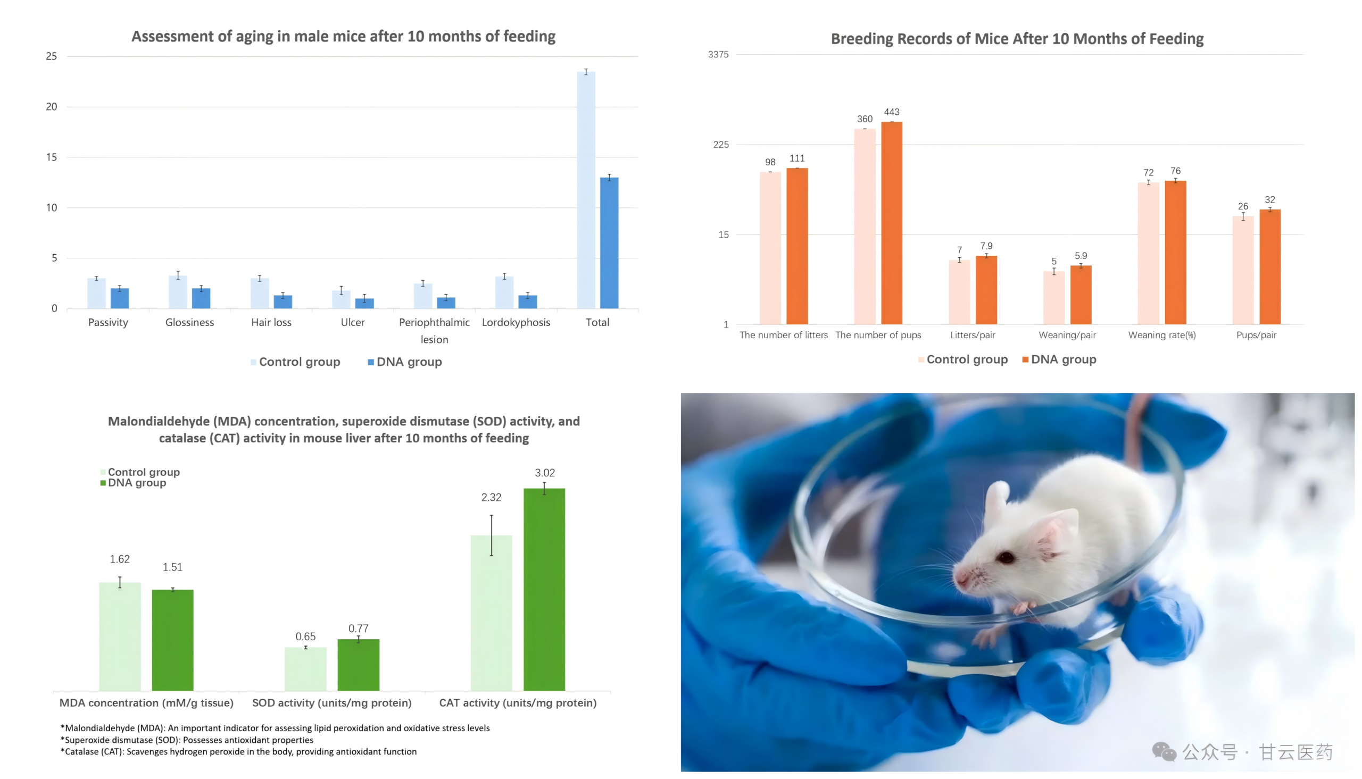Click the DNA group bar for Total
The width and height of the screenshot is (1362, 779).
(x=609, y=244)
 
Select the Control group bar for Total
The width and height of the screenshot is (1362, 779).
(x=586, y=190)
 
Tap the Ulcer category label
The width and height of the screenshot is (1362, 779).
(x=353, y=323)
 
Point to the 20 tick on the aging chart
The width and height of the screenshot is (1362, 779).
(x=52, y=106)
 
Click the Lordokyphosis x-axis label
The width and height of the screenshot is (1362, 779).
(x=516, y=323)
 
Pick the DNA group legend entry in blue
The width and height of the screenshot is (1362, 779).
(x=404, y=362)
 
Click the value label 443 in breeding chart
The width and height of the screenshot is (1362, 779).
(x=892, y=112)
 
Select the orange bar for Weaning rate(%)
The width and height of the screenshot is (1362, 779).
(x=1175, y=253)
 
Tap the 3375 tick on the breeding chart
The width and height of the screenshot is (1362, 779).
(x=718, y=55)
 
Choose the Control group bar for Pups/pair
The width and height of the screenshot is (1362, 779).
(x=1243, y=270)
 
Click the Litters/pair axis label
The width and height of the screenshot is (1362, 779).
(x=973, y=336)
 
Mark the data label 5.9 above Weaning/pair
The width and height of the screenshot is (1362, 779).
(x=1081, y=256)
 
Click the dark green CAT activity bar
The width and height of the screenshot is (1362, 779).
(x=544, y=589)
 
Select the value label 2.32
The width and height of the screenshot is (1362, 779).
(x=491, y=498)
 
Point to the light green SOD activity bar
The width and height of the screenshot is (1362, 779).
(x=305, y=669)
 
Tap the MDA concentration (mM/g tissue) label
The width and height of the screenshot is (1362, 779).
(x=146, y=703)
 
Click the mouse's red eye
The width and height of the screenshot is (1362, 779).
(x=1006, y=558)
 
